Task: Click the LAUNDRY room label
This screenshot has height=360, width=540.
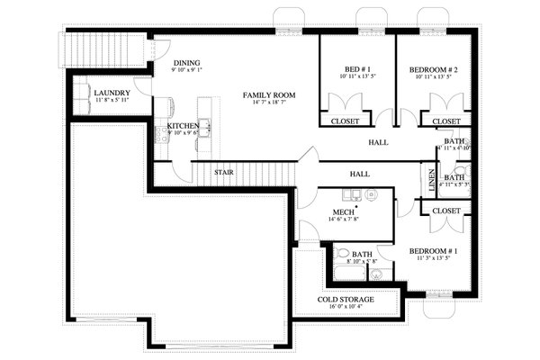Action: tap(112, 93)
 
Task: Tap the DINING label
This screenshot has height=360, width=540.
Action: tap(187, 64)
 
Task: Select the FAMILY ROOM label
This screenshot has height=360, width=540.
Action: tap(269, 94)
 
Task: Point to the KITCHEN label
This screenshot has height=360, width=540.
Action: tap(184, 126)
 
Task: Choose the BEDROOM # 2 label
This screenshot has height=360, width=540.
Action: tap(434, 69)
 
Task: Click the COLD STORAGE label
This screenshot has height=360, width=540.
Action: tap(346, 299)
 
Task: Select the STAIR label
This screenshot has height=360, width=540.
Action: tap(224, 171)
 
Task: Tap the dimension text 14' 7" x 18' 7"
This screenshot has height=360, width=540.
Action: tap(269, 103)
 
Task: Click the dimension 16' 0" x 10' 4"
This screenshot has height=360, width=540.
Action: tap(346, 308)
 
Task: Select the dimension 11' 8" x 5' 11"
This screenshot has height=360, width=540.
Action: tap(112, 102)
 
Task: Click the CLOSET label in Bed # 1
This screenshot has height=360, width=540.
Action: tap(346, 121)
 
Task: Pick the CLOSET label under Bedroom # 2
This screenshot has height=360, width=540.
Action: tap(446, 121)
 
